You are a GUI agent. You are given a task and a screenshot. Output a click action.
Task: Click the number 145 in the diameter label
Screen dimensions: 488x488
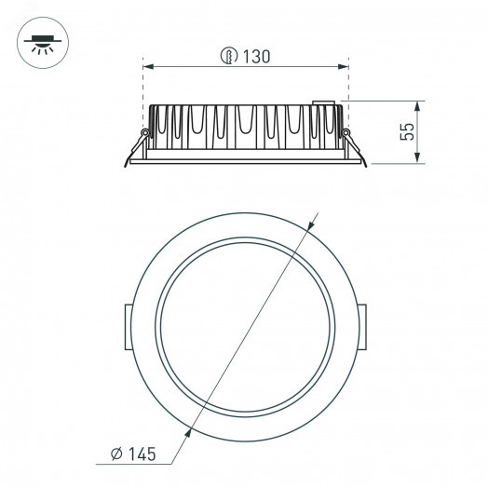136,454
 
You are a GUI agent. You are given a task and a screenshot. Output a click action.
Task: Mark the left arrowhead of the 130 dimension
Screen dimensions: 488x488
149,67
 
